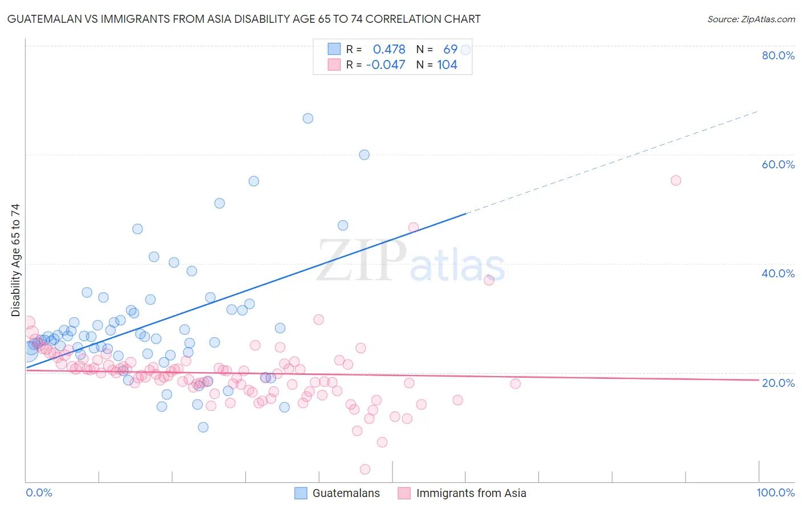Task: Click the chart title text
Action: pyautogui.click(x=244, y=19)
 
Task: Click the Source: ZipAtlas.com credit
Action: pyautogui.click(x=751, y=19)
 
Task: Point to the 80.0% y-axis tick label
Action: pyautogui.click(x=778, y=55)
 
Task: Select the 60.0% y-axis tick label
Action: pyautogui.click(x=778, y=164)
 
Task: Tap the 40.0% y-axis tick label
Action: pyautogui.click(x=778, y=273)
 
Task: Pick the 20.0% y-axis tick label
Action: pyautogui.click(x=778, y=382)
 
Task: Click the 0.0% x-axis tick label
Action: pyautogui.click(x=39, y=492)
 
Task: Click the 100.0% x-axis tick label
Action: pyautogui.click(x=775, y=492)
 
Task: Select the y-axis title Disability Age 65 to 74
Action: pyautogui.click(x=15, y=260)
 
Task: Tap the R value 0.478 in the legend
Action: pyautogui.click(x=389, y=49)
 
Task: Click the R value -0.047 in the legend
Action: pyautogui.click(x=386, y=64)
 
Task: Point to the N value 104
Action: pyautogui.click(x=447, y=64)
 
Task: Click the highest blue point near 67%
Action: pyautogui.click(x=308, y=119)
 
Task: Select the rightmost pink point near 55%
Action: pyautogui.click(x=676, y=180)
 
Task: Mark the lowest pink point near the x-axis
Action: pyautogui.click(x=365, y=469)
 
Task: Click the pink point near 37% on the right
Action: pyautogui.click(x=489, y=280)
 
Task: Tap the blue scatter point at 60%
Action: pyautogui.click(x=364, y=155)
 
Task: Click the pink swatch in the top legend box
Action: pyautogui.click(x=334, y=64)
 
